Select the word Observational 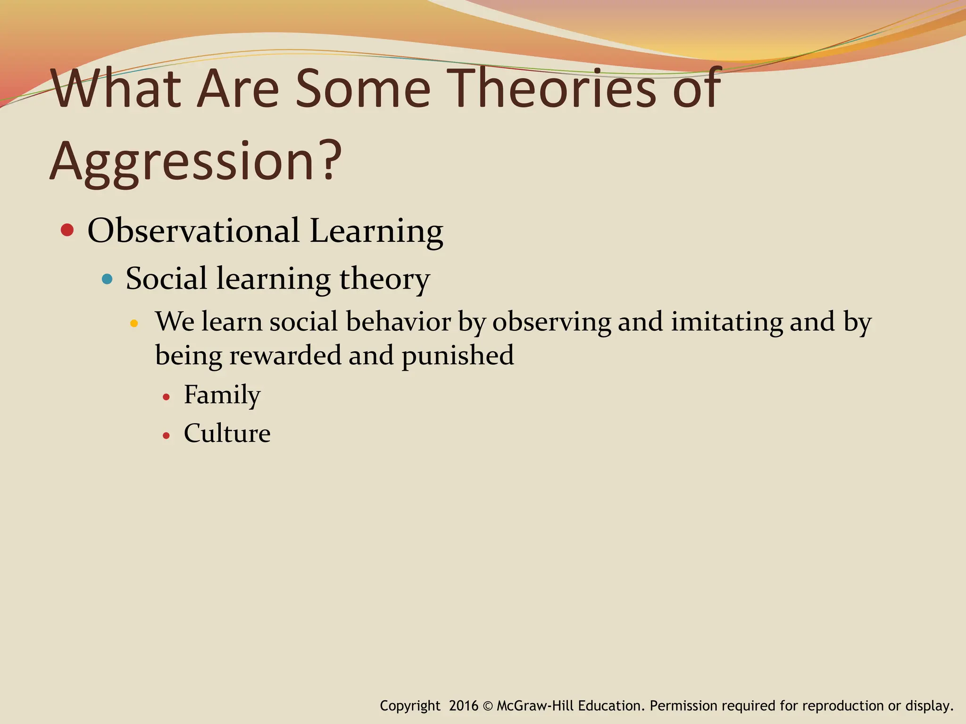tap(193, 231)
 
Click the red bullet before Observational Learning tap(67, 230)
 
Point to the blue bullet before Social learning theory tap(108, 279)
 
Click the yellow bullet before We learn tap(134, 323)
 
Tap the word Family tap(222, 395)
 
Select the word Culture tap(227, 433)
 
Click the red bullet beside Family tap(166, 397)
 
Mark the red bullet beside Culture tap(166, 436)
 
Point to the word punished tap(458, 355)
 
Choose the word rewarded tap(285, 355)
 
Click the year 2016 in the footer tap(463, 706)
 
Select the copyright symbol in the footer tap(488, 706)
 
